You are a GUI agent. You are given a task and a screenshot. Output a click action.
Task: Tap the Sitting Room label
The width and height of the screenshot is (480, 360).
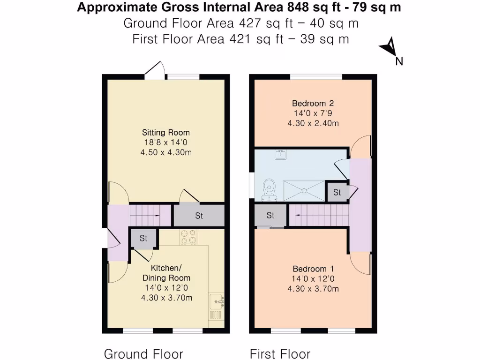click(166, 132)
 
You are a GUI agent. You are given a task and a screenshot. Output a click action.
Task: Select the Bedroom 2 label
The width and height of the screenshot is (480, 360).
click(313, 103)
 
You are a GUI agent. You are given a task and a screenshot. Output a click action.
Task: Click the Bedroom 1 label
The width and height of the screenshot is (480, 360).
click(313, 269)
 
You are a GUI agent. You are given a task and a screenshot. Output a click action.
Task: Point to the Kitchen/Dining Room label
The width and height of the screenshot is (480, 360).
click(166, 273)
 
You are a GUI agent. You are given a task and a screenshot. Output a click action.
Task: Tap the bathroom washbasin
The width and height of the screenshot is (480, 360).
click(281, 155)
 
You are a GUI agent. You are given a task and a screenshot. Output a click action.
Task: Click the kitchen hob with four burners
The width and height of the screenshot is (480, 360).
click(188, 237)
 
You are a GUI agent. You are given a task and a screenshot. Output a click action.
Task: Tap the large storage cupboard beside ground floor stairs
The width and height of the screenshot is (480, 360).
click(199, 216)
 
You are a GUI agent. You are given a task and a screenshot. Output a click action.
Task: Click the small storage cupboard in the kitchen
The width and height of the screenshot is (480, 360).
click(143, 238)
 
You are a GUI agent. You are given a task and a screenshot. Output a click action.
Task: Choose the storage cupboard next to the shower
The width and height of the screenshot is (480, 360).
click(337, 192)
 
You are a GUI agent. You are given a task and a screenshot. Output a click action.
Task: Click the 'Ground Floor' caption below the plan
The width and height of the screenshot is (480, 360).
click(143, 353)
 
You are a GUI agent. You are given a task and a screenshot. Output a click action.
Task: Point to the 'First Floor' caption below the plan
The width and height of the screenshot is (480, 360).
click(280, 353)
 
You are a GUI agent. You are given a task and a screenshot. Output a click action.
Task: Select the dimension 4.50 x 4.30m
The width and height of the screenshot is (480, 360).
click(166, 152)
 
